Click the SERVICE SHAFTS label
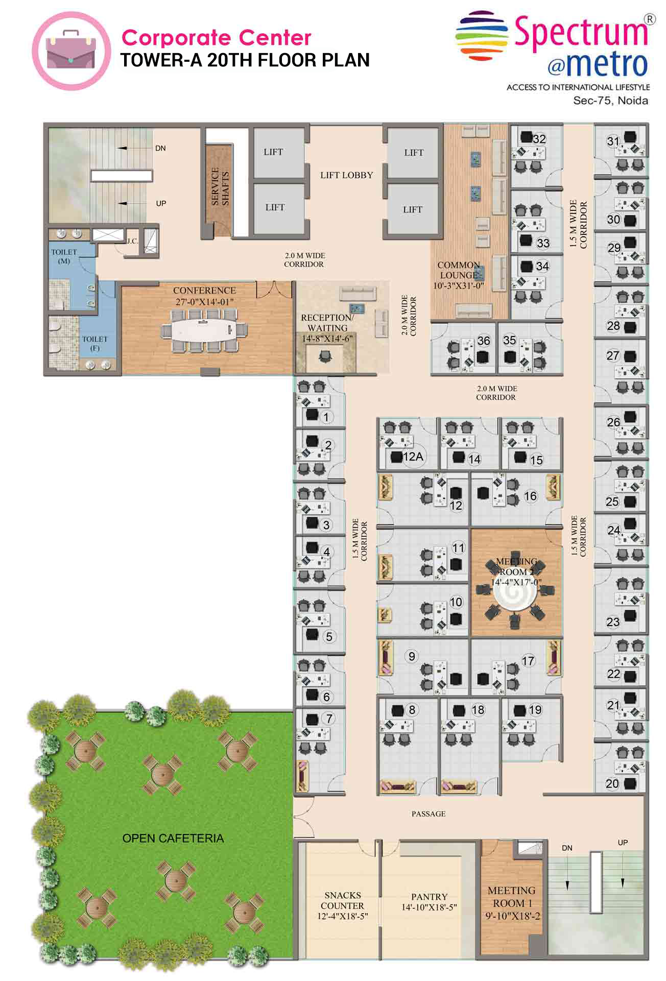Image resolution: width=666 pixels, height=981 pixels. click(220, 187)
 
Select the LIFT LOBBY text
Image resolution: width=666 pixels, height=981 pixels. click(346, 175)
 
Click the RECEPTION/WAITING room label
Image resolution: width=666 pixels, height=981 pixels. click(327, 323)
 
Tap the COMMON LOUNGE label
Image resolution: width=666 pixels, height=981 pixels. click(459, 270)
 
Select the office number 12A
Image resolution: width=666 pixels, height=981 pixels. click(413, 456)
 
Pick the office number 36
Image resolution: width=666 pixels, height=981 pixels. click(483, 341)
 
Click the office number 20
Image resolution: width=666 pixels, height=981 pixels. click(612, 783)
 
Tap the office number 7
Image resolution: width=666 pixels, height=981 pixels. click(329, 719)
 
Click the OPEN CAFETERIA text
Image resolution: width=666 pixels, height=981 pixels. click(173, 838)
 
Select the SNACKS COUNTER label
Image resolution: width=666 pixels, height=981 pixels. click(342, 900)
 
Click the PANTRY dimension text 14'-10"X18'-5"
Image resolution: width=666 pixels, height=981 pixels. click(429, 907)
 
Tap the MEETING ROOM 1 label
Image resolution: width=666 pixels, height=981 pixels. click(511, 896)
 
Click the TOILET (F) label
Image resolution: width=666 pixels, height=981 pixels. click(94, 343)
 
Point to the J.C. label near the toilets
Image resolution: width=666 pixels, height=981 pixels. click(132, 241)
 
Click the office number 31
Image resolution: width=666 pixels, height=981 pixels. click(613, 141)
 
